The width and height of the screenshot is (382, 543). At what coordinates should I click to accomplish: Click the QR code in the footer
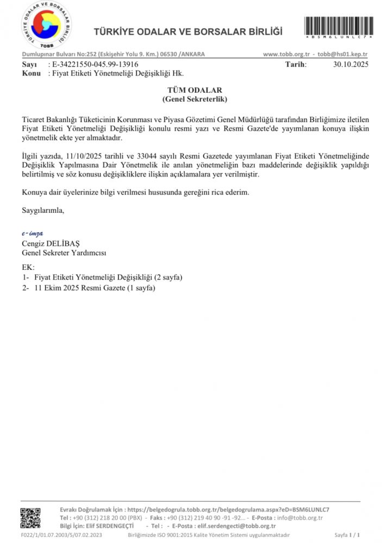tap(30, 517)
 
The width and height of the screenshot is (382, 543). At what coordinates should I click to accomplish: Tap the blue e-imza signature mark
tap(33, 233)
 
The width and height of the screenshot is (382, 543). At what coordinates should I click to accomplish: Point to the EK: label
tap(28, 267)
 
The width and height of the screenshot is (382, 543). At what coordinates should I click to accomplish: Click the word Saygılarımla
tap(43, 210)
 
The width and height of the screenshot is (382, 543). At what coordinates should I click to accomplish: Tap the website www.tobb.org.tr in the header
tap(286, 54)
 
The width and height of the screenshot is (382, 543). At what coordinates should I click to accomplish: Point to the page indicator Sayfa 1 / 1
tap(347, 535)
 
